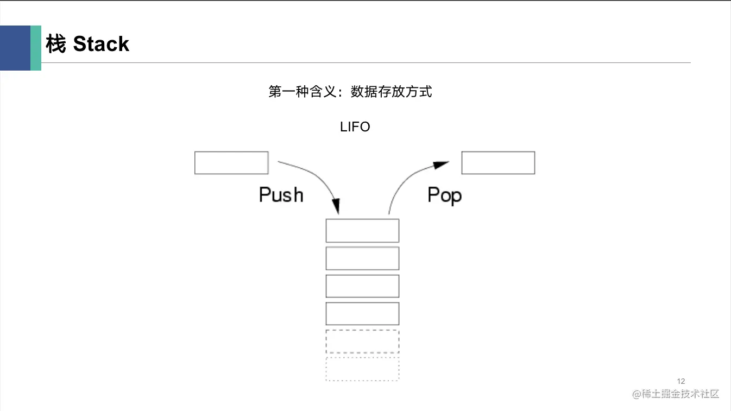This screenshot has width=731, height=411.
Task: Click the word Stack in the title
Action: pyautogui.click(x=101, y=44)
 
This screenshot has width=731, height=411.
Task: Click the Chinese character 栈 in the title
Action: pyautogui.click(x=56, y=44)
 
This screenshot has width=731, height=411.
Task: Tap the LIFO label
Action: pyautogui.click(x=355, y=127)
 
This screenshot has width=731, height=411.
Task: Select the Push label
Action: pyautogui.click(x=281, y=194)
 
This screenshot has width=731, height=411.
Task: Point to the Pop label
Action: pyautogui.click(x=444, y=194)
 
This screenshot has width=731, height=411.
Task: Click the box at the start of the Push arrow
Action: pyautogui.click(x=231, y=163)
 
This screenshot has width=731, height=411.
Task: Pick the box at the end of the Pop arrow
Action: pyautogui.click(x=498, y=163)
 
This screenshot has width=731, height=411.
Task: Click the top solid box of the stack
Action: pyautogui.click(x=362, y=231)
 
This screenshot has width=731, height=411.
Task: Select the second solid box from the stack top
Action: pyautogui.click(x=362, y=258)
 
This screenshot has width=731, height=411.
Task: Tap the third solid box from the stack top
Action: pyautogui.click(x=362, y=286)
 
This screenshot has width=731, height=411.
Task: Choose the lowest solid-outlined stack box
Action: pyautogui.click(x=362, y=314)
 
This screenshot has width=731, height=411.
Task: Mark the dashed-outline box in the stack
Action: pyautogui.click(x=362, y=342)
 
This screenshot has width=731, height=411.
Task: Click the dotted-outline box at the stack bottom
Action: pyautogui.click(x=362, y=369)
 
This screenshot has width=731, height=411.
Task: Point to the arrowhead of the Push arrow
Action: pyautogui.click(x=336, y=207)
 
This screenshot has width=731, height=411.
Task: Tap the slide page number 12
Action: pyautogui.click(x=681, y=381)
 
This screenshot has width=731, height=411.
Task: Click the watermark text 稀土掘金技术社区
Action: pyautogui.click(x=680, y=394)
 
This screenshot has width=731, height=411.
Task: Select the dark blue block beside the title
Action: pyautogui.click(x=15, y=48)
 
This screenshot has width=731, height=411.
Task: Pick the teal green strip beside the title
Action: pyautogui.click(x=36, y=48)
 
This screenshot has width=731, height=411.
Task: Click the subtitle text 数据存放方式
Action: pyautogui.click(x=391, y=92)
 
